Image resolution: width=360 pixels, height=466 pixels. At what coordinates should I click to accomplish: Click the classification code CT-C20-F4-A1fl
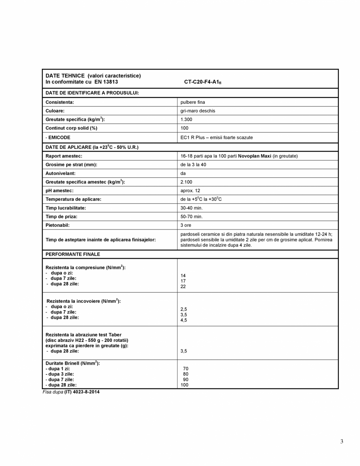tap(203, 82)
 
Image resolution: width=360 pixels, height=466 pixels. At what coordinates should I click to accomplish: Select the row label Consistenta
tap(60, 102)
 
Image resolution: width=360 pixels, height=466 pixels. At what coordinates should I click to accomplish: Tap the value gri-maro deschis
tap(197, 111)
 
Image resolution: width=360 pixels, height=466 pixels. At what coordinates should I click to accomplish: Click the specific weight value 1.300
tap(186, 119)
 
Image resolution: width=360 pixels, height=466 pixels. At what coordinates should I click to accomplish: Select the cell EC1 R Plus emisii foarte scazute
tap(216, 137)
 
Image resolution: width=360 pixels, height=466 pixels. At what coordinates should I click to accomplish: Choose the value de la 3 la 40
tap(193, 164)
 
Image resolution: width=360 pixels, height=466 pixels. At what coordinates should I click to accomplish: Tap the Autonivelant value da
tap(183, 173)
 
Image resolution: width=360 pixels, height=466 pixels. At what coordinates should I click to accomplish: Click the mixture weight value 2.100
tap(186, 182)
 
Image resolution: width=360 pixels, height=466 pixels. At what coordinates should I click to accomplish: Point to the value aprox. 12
tap(190, 190)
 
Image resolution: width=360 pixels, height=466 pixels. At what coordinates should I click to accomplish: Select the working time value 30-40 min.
tap(192, 208)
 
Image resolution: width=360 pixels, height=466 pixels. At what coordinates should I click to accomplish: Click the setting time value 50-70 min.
tap(192, 217)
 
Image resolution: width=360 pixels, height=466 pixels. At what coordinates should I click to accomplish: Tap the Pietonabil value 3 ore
tap(186, 225)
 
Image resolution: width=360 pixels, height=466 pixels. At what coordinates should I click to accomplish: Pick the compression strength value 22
tap(183, 286)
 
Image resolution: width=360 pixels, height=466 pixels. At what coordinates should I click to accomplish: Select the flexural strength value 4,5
tap(183, 320)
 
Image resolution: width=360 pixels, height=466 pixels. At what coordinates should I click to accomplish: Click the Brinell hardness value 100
tap(185, 385)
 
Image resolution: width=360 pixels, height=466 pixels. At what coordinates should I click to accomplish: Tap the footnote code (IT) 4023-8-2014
tap(82, 392)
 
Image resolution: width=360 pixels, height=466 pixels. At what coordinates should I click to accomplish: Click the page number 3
tap(342, 442)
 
